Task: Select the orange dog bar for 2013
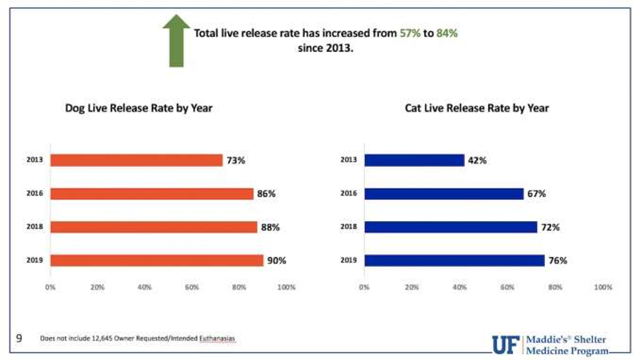tap(136, 160)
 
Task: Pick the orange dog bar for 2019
tap(157, 260)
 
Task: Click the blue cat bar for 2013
tap(414, 160)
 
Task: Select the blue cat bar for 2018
tap(450, 227)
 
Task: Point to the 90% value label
tap(277, 260)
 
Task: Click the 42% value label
tap(477, 160)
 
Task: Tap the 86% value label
tap(266, 194)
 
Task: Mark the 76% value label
tap(557, 260)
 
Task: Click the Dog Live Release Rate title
tap(139, 108)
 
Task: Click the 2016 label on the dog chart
tap(36, 194)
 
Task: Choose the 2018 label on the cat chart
tap(349, 227)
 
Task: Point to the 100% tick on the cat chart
tap(603, 287)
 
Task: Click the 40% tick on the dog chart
tap(144, 287)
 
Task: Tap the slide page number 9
tap(18, 338)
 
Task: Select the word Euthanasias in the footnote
tap(218, 339)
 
